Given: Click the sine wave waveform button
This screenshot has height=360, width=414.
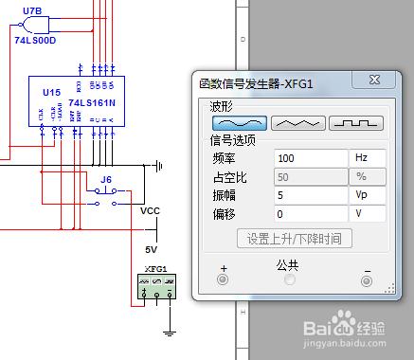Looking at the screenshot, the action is [240, 122].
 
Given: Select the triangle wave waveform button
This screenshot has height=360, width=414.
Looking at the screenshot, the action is [297, 122].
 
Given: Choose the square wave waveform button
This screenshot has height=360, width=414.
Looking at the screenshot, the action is [355, 122].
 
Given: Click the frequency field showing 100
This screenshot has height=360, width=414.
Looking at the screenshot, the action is [311, 157].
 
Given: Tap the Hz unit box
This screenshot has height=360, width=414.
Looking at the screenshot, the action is [369, 157].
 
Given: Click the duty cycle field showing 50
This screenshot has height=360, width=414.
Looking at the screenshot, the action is [311, 176].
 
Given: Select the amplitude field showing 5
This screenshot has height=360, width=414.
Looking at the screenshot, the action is [311, 195].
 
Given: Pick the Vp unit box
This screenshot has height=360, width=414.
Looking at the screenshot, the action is [369, 195].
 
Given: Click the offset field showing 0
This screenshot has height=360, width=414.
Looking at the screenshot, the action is [311, 214].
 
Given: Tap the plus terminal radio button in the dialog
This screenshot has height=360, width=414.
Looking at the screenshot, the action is [224, 279].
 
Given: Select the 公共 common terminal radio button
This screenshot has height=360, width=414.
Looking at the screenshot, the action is [290, 279].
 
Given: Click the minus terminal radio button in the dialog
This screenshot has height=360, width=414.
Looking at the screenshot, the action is [367, 279].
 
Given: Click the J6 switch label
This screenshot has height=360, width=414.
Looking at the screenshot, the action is [106, 178].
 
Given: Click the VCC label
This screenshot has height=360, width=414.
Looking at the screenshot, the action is [151, 211].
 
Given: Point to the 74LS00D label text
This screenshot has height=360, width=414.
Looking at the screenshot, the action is [36, 42].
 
